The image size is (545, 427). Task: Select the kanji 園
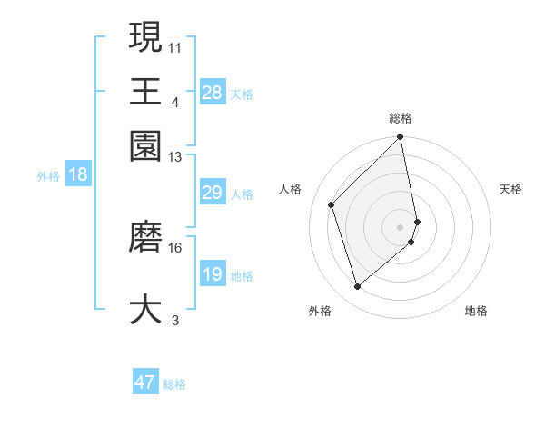pos(145,144)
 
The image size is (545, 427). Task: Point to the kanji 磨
pos(145,236)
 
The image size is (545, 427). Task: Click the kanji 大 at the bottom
pos(145,308)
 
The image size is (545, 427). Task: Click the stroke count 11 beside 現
pos(175,46)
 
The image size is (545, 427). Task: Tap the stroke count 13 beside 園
pos(175,156)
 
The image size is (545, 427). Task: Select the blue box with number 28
pos(213,92)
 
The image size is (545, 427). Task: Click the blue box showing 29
pos(213,193)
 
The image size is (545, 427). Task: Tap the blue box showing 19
pos(213,274)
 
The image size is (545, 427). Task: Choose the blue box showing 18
pos(78,174)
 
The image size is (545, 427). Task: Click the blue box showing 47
pos(145,382)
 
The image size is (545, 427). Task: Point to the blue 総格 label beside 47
pos(175,384)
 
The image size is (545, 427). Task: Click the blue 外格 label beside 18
pos(48,176)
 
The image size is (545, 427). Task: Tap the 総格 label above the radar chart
pos(401,118)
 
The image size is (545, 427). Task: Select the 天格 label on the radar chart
pos(511,189)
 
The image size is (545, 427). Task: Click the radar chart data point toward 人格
pos(332,204)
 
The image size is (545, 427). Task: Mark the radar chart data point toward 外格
pos(358,287)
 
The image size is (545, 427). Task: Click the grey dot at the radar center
pos(401,226)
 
